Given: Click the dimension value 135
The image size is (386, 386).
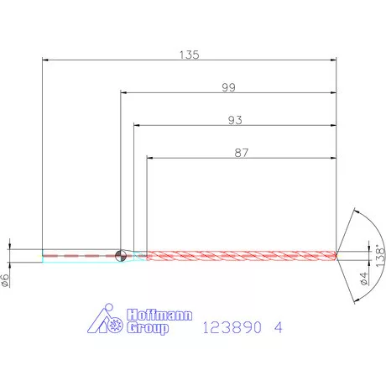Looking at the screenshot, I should point(189,55).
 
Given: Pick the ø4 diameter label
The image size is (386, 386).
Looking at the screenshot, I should point(363,278).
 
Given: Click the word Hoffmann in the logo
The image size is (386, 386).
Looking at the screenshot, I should point(159,316).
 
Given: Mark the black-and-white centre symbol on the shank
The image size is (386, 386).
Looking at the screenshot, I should point(121,254).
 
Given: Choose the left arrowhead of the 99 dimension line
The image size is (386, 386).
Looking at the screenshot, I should point(125,93).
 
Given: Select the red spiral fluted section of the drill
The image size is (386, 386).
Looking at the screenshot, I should point(243,254).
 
